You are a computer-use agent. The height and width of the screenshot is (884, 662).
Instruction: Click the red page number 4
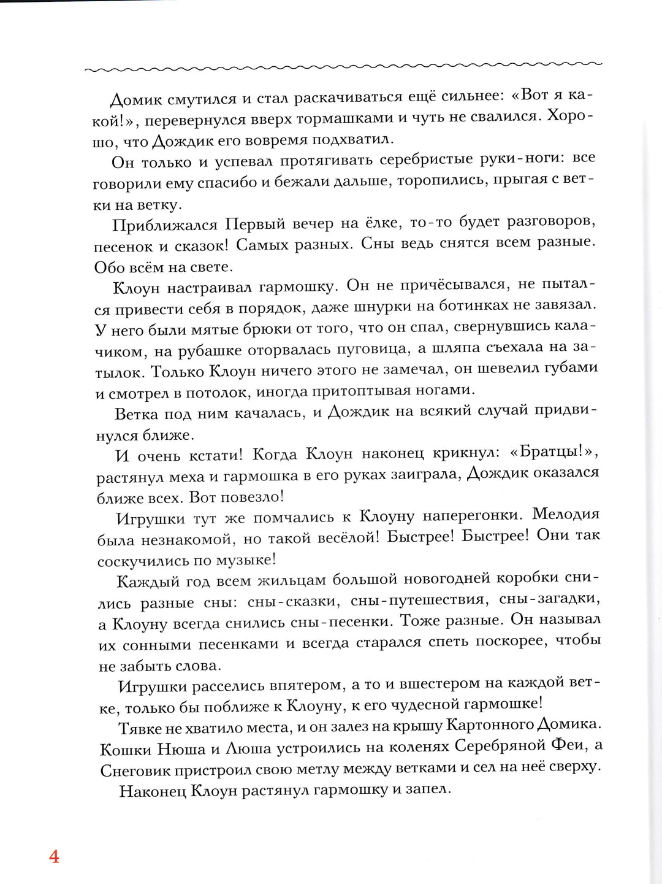[x=54, y=856]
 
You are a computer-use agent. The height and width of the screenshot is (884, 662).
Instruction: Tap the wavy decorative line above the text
[x=343, y=66]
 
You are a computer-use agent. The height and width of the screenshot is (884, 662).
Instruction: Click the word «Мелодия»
[x=565, y=514]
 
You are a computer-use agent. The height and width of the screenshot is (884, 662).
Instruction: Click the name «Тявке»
[x=141, y=728]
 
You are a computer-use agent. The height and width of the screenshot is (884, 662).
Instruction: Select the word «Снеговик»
[x=134, y=771]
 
